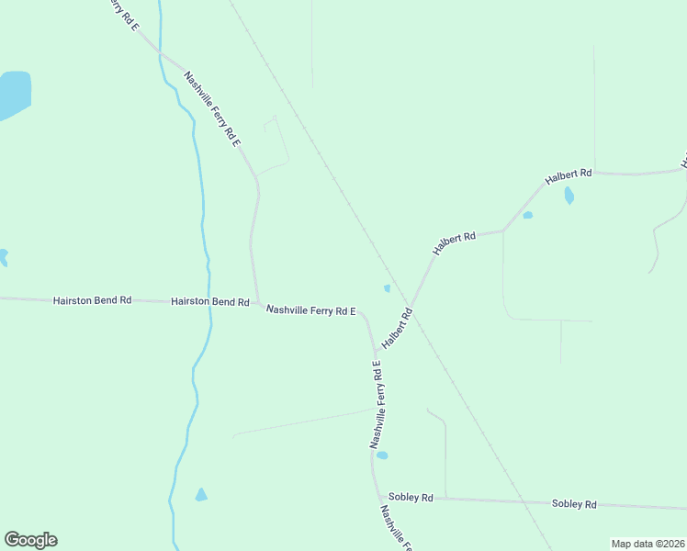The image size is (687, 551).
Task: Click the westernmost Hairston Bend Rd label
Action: point(92,300)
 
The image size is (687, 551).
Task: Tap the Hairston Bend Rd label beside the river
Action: point(209,301)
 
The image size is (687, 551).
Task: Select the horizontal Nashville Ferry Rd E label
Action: point(310,310)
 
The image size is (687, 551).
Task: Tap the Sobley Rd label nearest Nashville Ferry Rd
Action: point(411,497)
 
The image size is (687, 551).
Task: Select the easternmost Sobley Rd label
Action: point(574,504)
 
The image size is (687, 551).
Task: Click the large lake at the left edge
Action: point(13,94)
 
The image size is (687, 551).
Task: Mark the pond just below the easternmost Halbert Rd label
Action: point(569,196)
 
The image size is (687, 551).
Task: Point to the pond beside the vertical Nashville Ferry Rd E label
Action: point(382,455)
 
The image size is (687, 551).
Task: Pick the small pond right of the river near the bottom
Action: point(201,495)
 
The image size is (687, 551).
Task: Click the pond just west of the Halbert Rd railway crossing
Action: point(387,288)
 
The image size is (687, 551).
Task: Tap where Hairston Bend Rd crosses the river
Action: point(211,301)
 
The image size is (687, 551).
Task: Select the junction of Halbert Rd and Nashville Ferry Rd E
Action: point(376,350)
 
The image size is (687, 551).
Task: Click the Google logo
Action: point(30,540)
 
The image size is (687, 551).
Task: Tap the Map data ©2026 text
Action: point(648,544)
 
